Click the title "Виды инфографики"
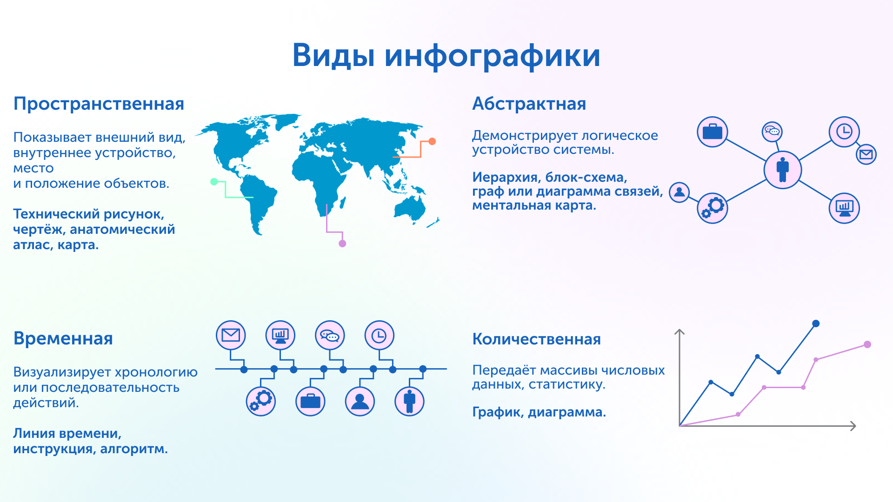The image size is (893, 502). pos(446,56)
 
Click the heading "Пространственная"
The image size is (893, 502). pos(99,104)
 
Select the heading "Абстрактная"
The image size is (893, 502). pos(529,104)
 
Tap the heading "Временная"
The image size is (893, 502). pos(63,338)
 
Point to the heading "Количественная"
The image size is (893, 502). pos(536,339)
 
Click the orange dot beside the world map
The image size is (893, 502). pos(432,141)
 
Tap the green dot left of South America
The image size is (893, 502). pos(214,182)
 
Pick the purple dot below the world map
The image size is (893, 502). pos(342,244)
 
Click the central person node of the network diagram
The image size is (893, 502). pos(783,170)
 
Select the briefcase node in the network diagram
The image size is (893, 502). pos(712,132)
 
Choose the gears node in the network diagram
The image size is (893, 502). pos(712,208)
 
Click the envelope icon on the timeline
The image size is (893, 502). pos(231,335)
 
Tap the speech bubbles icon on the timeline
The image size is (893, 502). pos(330,335)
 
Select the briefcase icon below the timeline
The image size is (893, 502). pos(310,401)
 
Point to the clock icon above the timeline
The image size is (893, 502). pos(380,335)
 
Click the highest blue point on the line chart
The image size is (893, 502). pos(816,324)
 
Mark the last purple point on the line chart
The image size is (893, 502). pos(867,344)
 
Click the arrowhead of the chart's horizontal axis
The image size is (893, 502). pos(853,426)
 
